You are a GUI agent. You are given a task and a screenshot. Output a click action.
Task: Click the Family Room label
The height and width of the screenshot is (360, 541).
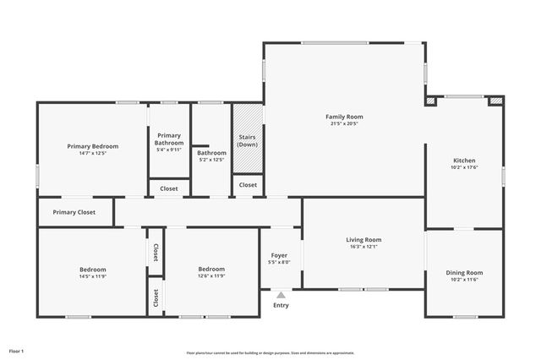coord(344,117)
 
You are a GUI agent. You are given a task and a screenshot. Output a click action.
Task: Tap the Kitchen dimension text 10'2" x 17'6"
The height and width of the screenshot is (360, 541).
coord(465,167)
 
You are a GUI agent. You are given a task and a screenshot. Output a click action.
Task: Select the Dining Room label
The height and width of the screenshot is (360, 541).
coord(464,272)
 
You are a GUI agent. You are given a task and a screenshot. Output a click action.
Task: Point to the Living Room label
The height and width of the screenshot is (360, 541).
coord(363,239)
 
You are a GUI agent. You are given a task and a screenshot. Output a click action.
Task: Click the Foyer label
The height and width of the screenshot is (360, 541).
coord(279,255)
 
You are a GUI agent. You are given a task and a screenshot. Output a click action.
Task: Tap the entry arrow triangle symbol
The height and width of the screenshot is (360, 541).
coord(281,295)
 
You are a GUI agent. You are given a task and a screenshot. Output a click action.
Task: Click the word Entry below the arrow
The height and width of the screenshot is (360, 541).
coord(281,305)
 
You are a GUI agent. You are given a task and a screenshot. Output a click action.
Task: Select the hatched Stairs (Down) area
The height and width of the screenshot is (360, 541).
coord(247,127)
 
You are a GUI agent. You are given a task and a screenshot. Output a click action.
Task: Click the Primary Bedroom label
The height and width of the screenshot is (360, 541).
coord(93,146)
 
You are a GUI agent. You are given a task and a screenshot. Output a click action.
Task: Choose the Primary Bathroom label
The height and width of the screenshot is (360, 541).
coord(169,139)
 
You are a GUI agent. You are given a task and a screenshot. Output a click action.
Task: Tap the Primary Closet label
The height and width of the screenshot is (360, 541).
coord(74,212)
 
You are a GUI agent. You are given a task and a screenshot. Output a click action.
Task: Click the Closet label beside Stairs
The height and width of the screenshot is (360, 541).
coord(248,185)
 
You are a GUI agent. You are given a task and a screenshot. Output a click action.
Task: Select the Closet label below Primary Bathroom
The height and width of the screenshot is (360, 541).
coord(169,188)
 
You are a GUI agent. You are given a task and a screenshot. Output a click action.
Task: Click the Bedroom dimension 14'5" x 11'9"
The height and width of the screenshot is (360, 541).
coord(93,276)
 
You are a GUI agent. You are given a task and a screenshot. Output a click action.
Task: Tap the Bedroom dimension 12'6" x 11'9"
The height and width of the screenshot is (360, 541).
coord(211,276)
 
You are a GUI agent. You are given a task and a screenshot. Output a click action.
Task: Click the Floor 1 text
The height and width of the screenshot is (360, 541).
coord(17,350)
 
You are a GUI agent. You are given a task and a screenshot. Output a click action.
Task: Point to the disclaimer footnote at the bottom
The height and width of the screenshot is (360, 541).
coord(270,352)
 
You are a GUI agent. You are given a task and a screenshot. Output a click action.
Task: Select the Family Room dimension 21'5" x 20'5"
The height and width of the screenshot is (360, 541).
coord(344,123)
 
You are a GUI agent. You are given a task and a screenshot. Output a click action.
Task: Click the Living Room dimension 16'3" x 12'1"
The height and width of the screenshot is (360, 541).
coord(363,247)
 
